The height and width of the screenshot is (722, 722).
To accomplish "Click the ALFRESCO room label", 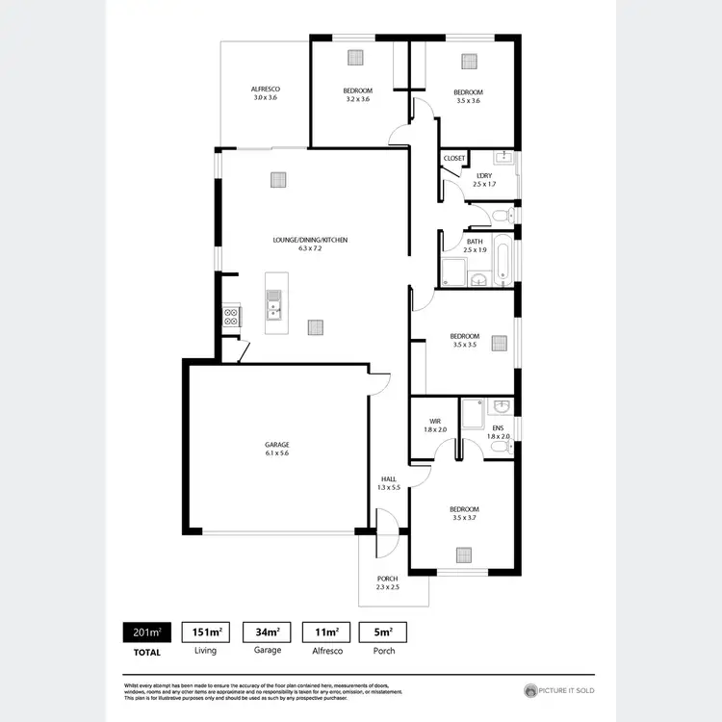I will [x=266, y=89].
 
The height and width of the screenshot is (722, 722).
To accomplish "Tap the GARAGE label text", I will [x=277, y=445].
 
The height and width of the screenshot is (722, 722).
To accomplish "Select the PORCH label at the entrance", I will [x=387, y=579].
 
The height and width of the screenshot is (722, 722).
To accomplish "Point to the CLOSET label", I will [x=453, y=158].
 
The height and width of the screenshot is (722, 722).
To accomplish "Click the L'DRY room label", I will [x=484, y=175].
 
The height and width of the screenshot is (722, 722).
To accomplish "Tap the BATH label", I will [x=475, y=242].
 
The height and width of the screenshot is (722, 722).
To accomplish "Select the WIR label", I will [x=435, y=420].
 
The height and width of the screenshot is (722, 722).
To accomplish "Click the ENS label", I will [x=498, y=427].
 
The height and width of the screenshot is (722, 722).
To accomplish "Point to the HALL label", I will [x=388, y=478].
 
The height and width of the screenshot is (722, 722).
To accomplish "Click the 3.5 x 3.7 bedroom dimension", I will [x=464, y=518].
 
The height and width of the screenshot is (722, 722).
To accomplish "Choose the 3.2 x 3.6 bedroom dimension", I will [x=356, y=99].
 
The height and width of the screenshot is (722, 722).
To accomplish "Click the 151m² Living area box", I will [x=205, y=632].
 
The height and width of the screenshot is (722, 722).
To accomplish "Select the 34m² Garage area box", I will [x=267, y=632].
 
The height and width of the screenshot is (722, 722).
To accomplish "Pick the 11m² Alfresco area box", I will [x=328, y=632].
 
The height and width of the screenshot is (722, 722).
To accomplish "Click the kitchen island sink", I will [x=274, y=309].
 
